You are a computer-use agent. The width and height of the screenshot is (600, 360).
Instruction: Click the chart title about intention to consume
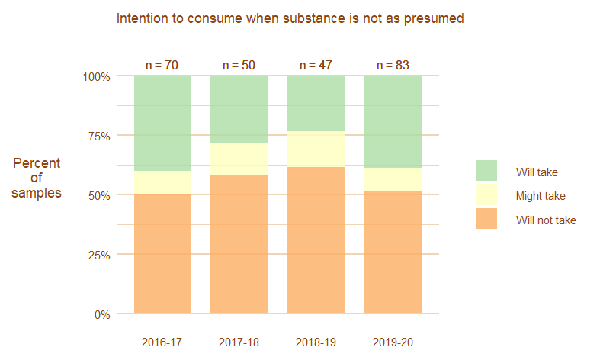[290, 18]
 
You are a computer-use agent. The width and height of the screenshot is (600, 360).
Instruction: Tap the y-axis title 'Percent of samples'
[36, 178]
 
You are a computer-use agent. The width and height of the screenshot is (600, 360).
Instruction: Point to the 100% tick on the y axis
[97, 76]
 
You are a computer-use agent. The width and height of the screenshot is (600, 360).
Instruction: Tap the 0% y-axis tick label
[102, 314]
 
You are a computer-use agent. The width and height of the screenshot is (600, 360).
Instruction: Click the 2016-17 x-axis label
[162, 342]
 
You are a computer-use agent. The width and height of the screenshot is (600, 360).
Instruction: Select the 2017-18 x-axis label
[239, 342]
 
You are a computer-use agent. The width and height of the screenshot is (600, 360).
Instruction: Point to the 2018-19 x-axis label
[316, 342]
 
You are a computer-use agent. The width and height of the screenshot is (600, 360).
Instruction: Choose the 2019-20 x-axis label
[393, 342]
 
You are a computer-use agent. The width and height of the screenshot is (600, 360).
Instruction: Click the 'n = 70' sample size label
[162, 66]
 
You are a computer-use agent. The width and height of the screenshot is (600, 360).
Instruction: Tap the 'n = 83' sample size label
[393, 66]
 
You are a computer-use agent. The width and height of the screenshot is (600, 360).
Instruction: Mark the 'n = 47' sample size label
[316, 66]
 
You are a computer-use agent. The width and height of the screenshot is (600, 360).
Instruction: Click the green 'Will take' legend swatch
[486, 172]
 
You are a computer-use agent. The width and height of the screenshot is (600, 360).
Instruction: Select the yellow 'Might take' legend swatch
[486, 195]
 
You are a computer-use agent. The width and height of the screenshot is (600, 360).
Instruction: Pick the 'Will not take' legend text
[546, 220]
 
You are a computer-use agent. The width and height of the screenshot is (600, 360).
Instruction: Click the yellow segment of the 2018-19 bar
[316, 149]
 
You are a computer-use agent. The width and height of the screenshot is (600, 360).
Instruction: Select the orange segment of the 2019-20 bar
[393, 252]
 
